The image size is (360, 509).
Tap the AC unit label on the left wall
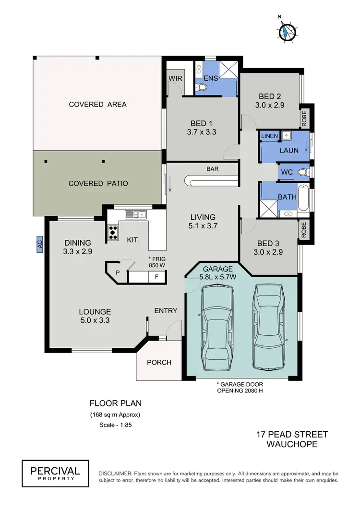point(39,244)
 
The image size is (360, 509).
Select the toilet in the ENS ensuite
point(202,87)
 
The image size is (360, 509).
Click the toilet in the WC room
point(302,172)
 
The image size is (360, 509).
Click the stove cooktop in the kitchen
point(113,233)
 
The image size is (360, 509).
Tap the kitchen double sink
point(136,215)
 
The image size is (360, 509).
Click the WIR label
point(173,78)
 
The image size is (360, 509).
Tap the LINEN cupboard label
point(269,136)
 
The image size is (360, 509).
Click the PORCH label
point(159,362)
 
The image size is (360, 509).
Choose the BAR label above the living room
point(213,169)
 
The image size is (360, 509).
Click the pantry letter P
point(118,273)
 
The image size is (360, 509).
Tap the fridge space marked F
point(156,276)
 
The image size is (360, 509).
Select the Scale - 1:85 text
point(115,425)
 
